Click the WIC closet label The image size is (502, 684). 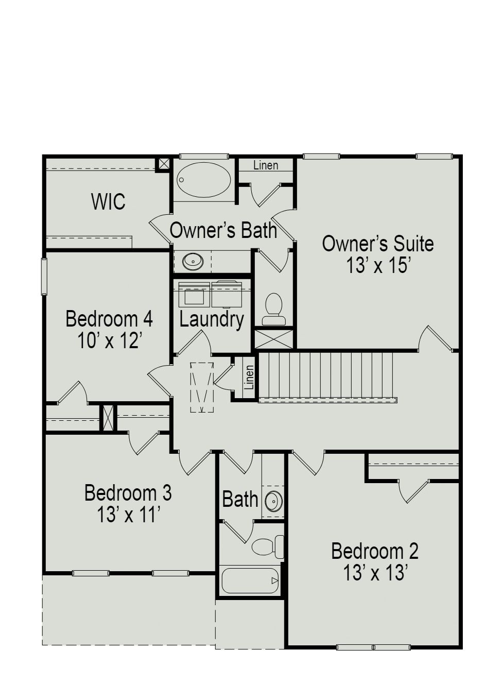(x=108, y=201)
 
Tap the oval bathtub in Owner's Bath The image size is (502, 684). (x=203, y=180)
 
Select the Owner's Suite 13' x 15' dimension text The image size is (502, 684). (x=377, y=266)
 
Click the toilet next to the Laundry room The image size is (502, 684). (x=273, y=308)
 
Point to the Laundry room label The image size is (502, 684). (x=211, y=319)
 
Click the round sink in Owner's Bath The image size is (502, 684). (x=193, y=261)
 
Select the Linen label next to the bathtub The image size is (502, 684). (x=266, y=165)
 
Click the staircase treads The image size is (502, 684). (x=327, y=375)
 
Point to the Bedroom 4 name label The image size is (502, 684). (x=109, y=319)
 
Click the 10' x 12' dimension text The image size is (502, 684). (x=109, y=340)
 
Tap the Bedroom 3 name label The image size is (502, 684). (x=128, y=493)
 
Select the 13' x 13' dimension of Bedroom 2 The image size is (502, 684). (x=375, y=573)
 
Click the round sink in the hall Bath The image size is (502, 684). (x=273, y=500)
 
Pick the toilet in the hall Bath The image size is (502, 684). (x=267, y=546)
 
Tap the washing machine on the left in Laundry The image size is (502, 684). (x=194, y=295)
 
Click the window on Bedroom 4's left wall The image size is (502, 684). (x=44, y=276)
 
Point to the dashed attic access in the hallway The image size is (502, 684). (x=202, y=387)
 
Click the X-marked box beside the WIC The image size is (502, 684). (x=164, y=164)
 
